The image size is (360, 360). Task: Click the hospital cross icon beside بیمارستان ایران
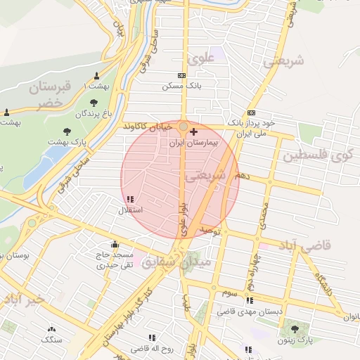[194, 131]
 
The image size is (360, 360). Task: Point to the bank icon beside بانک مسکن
[182, 75]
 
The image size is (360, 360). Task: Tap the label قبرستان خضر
[51, 95]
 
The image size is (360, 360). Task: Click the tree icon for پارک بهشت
[67, 131]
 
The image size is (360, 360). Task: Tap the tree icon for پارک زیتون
[295, 329]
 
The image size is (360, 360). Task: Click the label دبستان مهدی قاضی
[250, 310]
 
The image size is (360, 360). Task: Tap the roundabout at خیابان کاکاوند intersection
[184, 127]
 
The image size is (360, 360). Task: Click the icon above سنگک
[51, 329]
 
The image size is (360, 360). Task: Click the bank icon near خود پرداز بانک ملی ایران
[251, 112]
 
